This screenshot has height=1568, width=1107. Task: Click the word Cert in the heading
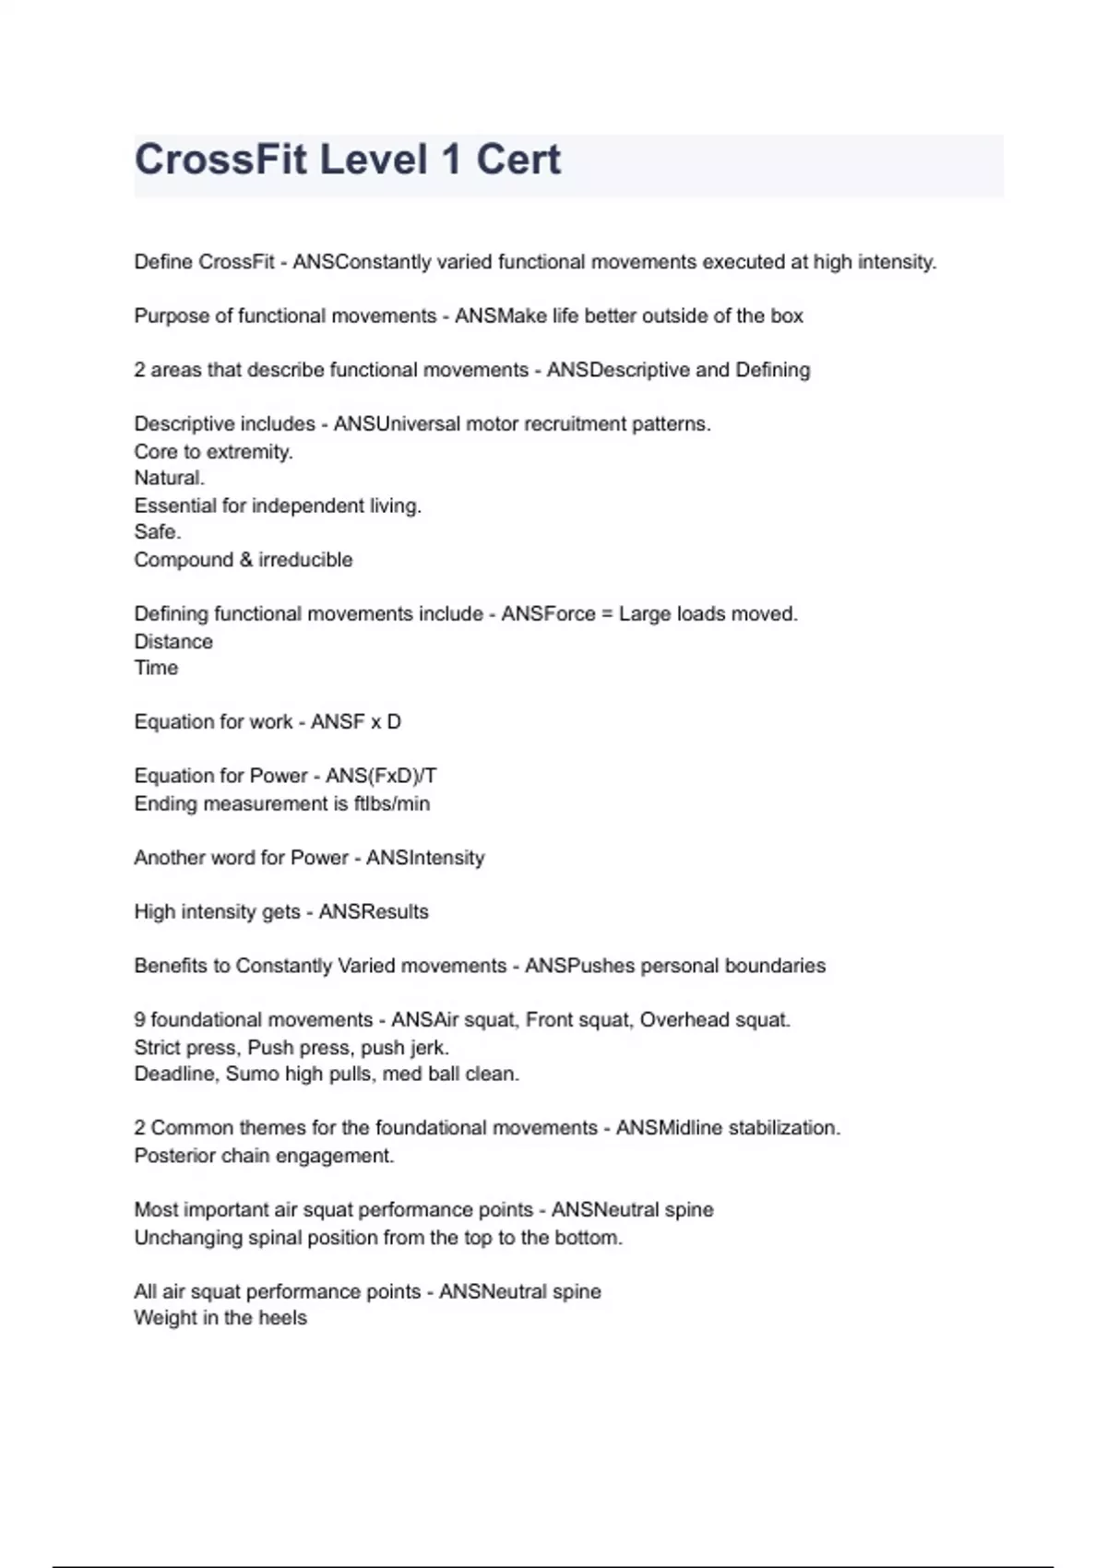518,160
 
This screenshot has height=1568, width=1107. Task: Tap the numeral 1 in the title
450,160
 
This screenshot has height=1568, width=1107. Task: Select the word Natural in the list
168,478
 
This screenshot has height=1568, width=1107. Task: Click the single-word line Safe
157,532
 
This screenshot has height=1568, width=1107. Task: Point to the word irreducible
305,560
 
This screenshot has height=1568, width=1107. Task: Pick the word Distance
173,641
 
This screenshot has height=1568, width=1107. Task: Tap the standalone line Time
156,668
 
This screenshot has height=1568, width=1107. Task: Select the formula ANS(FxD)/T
381,776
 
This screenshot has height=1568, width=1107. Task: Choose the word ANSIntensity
425,858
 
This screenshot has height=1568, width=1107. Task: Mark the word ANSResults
374,911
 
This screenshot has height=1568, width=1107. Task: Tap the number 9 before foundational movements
139,1020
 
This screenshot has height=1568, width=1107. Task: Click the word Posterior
173,1156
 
